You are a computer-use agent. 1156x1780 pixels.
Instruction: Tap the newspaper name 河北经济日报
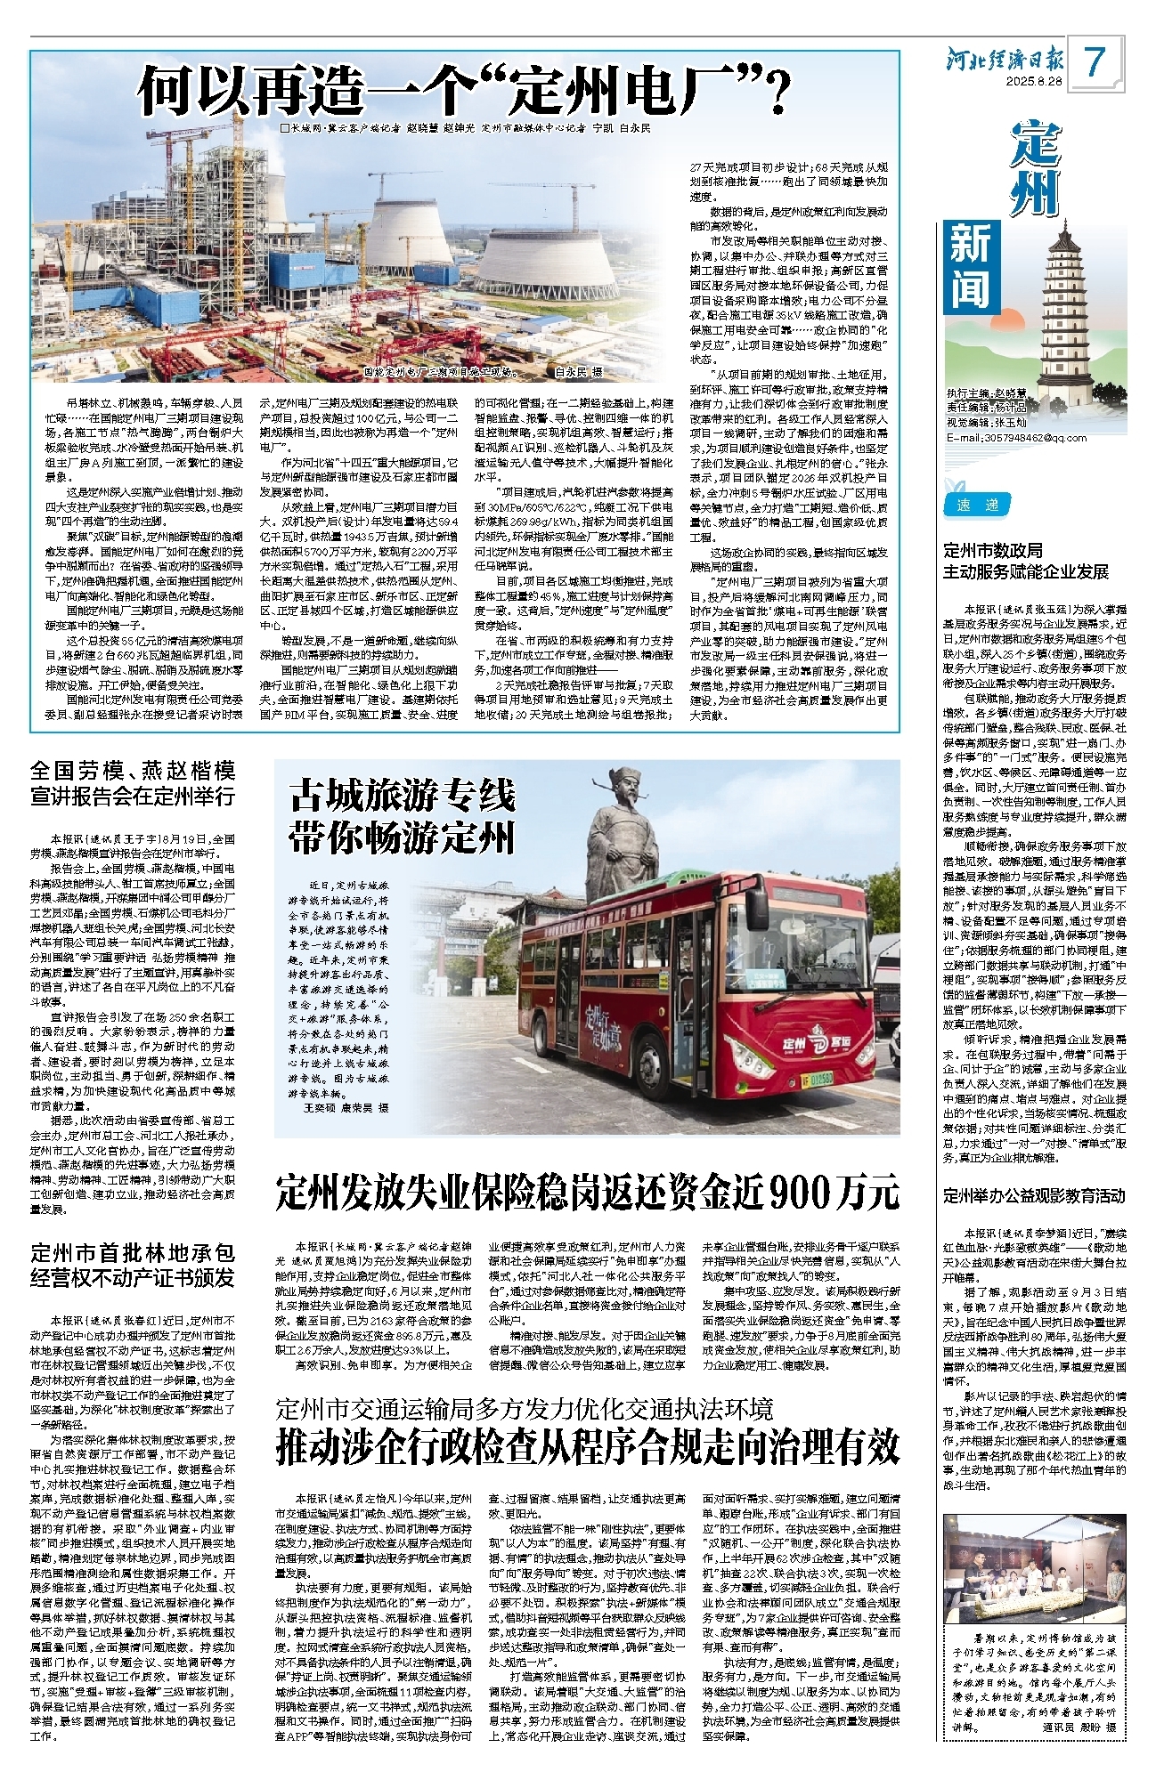point(1005,60)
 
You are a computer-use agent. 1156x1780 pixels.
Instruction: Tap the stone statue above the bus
point(624,837)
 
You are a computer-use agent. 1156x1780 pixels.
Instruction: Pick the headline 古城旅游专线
point(403,796)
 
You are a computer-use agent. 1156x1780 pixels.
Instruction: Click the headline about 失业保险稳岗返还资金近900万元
point(587,1192)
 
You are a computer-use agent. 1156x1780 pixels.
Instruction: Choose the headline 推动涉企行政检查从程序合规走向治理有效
point(587,1447)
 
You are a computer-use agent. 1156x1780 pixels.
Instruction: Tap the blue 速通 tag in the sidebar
point(977,506)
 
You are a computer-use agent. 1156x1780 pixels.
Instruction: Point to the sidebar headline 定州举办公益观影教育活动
point(1035,1196)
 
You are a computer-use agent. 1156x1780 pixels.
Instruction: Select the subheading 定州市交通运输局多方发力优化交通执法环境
point(525,1410)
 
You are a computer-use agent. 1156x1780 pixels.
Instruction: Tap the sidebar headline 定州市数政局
point(993,551)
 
